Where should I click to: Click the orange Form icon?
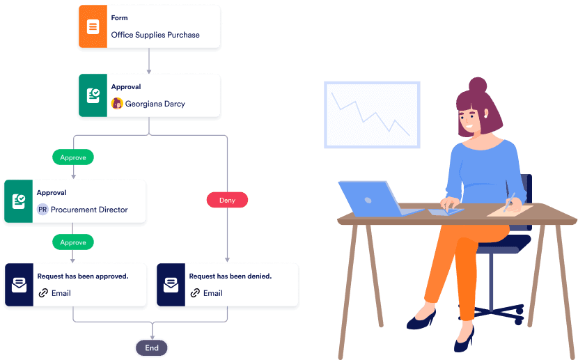(93, 27)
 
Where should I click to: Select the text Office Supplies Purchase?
(155, 35)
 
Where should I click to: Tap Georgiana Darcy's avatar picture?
(117, 104)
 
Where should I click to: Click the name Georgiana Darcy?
(155, 104)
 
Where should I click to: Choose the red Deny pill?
(227, 200)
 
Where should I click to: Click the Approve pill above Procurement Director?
(73, 157)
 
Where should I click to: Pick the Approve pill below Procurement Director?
(73, 242)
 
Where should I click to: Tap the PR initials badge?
(42, 210)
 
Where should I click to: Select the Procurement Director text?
(89, 210)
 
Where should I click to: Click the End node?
(152, 347)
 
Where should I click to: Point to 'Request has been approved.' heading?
(83, 276)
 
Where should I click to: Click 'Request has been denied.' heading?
(231, 276)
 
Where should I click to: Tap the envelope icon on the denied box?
(170, 285)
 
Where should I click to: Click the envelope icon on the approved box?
(18, 285)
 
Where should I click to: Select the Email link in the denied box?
(212, 293)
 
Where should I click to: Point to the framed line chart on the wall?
(371, 114)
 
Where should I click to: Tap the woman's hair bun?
(478, 86)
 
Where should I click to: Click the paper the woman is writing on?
(510, 210)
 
